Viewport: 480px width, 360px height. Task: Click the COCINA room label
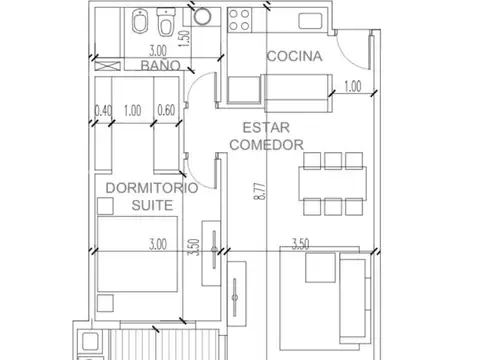pos(295,56)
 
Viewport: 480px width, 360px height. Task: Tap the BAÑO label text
pos(161,65)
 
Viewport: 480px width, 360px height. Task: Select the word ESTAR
pos(266,128)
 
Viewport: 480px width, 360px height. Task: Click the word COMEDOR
pos(266,145)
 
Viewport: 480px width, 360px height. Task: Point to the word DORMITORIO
pos(152,188)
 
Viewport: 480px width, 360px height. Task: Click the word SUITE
pos(152,205)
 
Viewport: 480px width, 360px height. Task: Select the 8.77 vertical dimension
pos(261,191)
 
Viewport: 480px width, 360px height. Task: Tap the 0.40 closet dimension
pos(103,110)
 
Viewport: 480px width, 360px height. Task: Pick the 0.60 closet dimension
pos(166,110)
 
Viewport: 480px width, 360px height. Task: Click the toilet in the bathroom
pos(166,22)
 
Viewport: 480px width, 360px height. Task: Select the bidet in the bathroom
pos(140,22)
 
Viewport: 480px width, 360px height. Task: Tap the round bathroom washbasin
pos(202,16)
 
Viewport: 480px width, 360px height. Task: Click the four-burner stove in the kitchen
pos(239,20)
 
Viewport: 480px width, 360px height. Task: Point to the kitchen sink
pos(310,21)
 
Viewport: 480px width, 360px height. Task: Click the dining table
pos(333,184)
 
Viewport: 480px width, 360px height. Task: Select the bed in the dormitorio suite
pos(137,254)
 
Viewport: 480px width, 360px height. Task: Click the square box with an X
pos(107,65)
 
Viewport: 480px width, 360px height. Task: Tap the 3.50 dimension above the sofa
pos(300,244)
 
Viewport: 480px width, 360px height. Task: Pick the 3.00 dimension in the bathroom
pos(158,51)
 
